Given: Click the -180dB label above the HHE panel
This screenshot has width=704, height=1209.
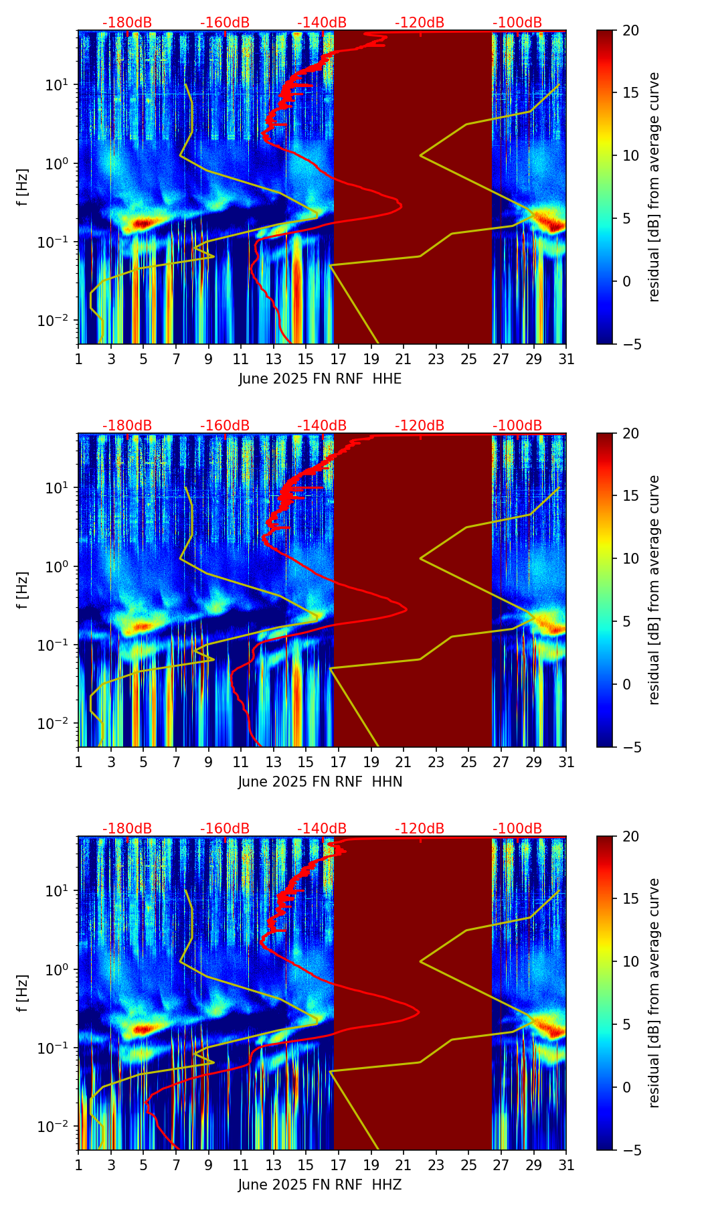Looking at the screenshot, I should pyautogui.click(x=127, y=23).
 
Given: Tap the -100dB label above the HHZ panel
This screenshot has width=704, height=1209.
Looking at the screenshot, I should pyautogui.click(x=517, y=829).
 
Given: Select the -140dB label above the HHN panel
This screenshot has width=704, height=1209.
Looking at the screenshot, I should pyautogui.click(x=322, y=426).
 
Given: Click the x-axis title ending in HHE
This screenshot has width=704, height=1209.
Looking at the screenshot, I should pyautogui.click(x=320, y=379).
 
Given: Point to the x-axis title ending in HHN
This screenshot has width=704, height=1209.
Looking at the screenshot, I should pyautogui.click(x=320, y=782).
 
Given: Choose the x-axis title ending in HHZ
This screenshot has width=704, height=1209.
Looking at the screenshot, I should pyautogui.click(x=320, y=1185).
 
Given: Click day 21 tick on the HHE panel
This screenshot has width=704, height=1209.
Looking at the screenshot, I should pyautogui.click(x=404, y=359).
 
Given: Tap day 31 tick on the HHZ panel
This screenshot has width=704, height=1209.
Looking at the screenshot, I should pyautogui.click(x=566, y=1165).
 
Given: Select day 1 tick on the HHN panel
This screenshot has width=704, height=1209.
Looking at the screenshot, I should pyautogui.click(x=78, y=762).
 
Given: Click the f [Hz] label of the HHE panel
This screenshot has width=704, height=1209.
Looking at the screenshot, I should pyautogui.click(x=23, y=187).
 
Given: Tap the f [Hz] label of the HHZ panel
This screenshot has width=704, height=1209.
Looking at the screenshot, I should pyautogui.click(x=23, y=993).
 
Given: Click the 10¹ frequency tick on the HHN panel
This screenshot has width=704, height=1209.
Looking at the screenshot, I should pyautogui.click(x=62, y=488).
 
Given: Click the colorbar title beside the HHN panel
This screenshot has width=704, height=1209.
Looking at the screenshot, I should pyautogui.click(x=654, y=590).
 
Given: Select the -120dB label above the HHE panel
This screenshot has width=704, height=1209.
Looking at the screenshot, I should pyautogui.click(x=420, y=23).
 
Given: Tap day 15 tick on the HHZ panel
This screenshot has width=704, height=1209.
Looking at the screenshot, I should pyautogui.click(x=306, y=1165).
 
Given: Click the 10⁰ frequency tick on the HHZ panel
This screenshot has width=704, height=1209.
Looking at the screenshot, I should pyautogui.click(x=62, y=969).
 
